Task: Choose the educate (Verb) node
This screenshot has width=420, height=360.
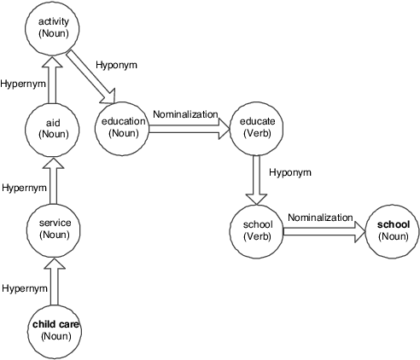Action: point(257,128)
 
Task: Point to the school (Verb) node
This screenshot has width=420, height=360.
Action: point(257,229)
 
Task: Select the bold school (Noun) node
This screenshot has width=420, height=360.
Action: point(392,229)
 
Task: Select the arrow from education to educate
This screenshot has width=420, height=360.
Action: point(190,129)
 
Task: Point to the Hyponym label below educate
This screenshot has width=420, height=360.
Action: point(290,172)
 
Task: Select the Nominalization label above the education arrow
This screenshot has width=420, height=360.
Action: point(185,114)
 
